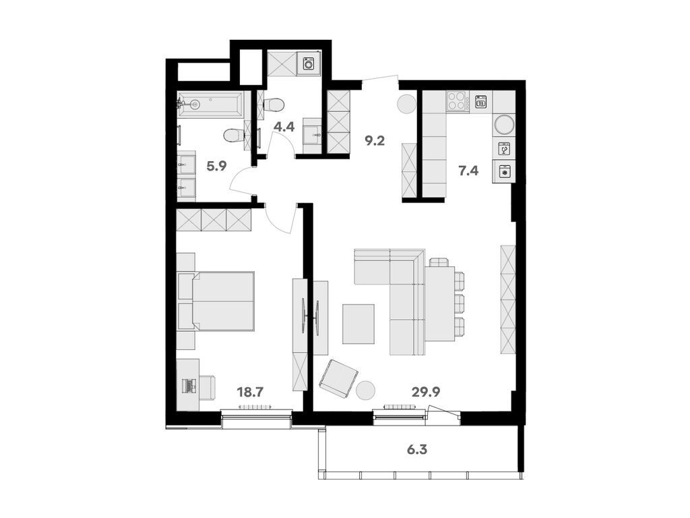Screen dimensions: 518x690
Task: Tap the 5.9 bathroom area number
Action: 216,166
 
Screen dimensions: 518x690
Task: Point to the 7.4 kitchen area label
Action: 468,170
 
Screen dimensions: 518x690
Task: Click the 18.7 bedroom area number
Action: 249,391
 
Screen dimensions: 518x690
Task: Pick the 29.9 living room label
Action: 426,391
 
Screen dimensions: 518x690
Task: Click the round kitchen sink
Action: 503,124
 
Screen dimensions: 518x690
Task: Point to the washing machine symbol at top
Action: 309,63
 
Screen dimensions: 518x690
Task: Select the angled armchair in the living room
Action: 338,378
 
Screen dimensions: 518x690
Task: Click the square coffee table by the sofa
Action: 358,324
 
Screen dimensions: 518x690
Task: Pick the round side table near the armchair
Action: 366,390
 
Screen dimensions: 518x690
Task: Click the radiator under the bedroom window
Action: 255,407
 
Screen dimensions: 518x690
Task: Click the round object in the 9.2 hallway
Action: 406,104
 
